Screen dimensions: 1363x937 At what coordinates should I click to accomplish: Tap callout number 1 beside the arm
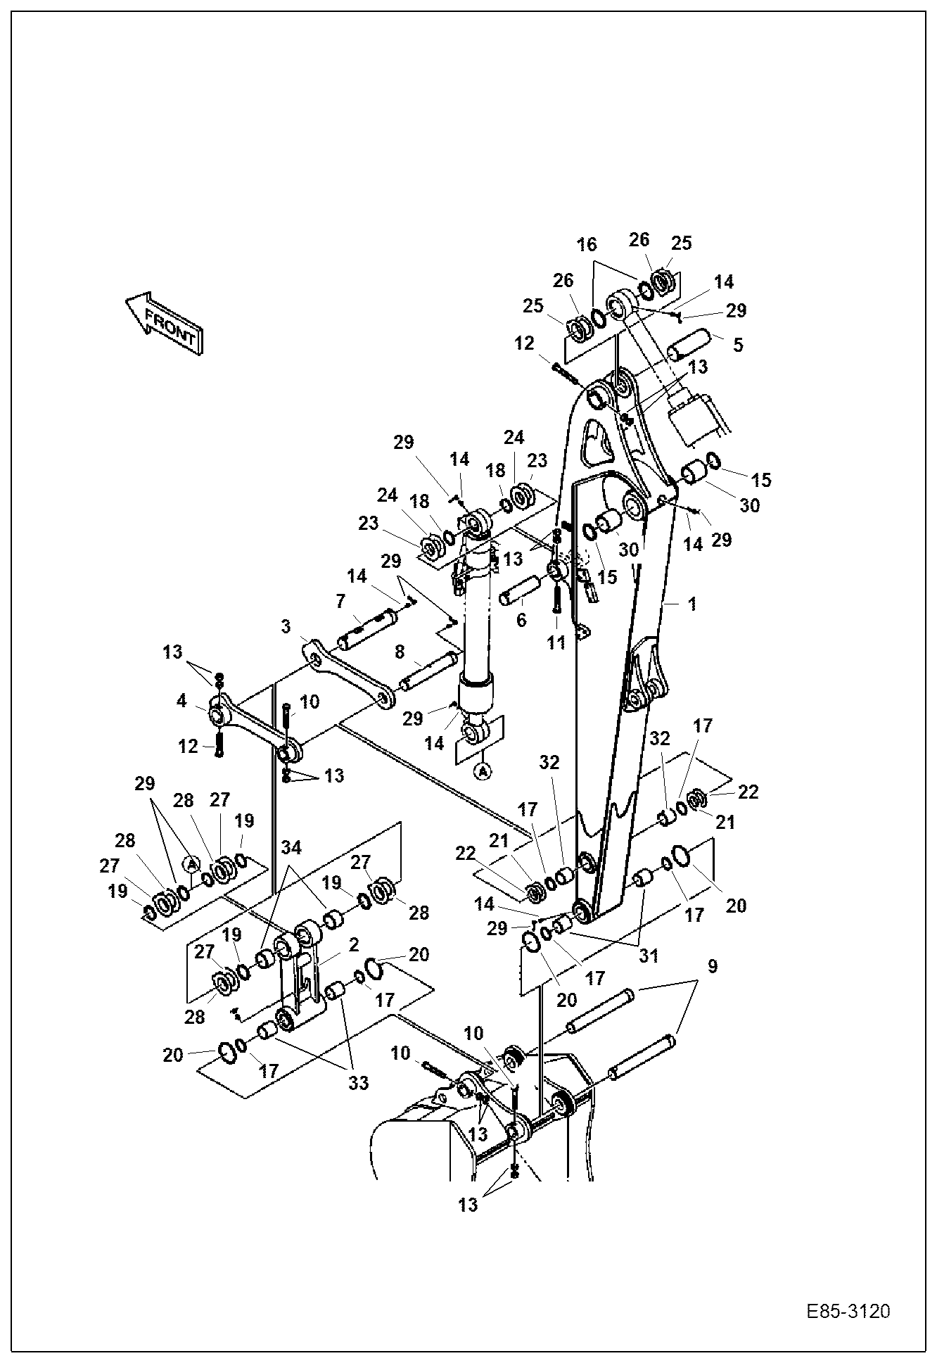click(692, 604)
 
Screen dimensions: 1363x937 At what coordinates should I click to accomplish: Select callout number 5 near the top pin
click(737, 345)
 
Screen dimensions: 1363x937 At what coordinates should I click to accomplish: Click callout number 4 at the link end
click(182, 701)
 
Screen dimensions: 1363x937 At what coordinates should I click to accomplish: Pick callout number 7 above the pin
click(340, 601)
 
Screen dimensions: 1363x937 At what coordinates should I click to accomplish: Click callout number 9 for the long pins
click(713, 967)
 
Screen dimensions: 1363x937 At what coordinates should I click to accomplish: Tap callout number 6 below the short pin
click(521, 620)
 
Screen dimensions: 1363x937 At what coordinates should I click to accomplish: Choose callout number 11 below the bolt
click(556, 643)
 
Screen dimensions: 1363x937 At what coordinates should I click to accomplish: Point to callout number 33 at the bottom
click(359, 1083)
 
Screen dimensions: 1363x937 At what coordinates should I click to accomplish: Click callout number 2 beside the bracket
click(353, 944)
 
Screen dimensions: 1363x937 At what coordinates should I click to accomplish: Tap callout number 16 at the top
click(587, 244)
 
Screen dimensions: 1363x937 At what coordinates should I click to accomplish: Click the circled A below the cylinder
click(482, 772)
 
